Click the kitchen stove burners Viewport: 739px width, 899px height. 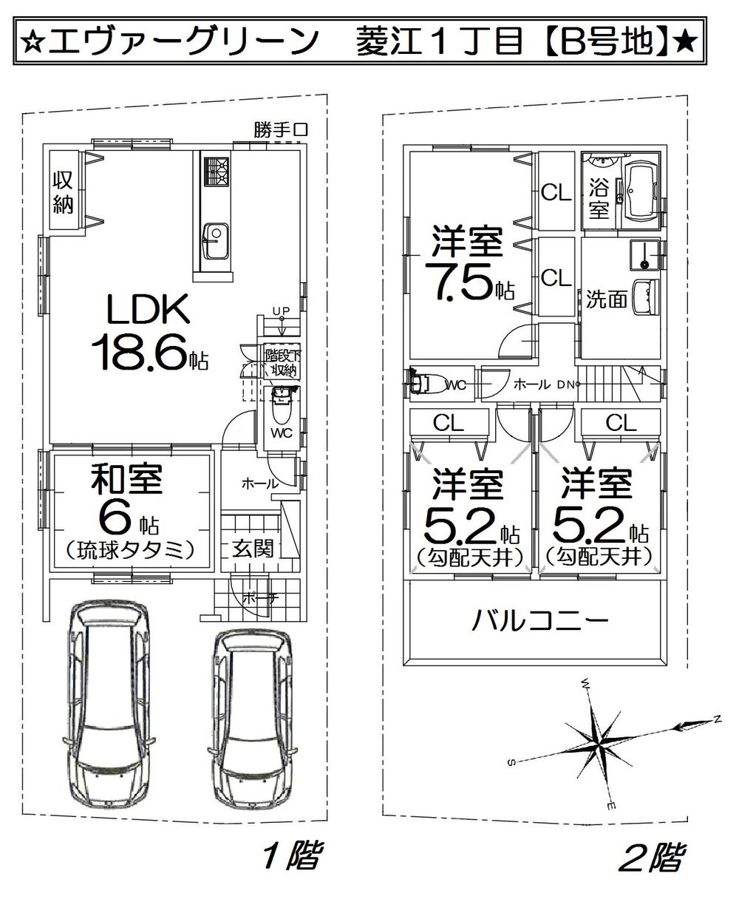217,172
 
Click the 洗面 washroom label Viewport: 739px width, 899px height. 607,299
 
